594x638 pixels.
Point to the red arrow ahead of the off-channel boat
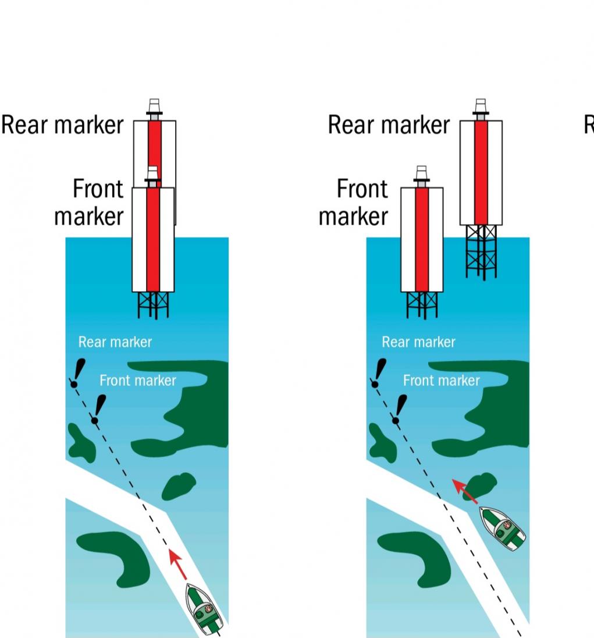(x=465, y=491)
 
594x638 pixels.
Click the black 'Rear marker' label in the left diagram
(x=63, y=125)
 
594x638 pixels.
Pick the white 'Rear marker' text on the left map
(x=115, y=342)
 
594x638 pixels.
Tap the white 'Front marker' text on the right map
(x=442, y=381)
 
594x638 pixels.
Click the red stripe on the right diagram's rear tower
(x=481, y=172)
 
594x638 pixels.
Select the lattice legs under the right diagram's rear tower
(x=481, y=251)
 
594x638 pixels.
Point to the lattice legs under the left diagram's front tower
(x=153, y=304)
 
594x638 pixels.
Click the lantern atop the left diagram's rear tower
(x=154, y=108)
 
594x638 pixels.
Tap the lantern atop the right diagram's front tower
(x=422, y=174)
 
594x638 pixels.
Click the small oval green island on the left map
(x=179, y=486)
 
